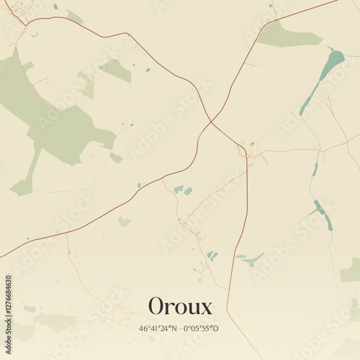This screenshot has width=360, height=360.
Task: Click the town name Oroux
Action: click(x=180, y=306)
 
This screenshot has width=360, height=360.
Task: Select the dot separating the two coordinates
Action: click(x=179, y=328)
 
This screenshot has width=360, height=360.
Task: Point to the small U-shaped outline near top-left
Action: click(x=34, y=33)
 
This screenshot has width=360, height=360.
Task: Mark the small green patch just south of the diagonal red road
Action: click(x=123, y=222)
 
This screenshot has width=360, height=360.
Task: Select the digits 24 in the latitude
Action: click(x=163, y=328)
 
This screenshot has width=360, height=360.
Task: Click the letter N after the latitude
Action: click(x=172, y=328)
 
